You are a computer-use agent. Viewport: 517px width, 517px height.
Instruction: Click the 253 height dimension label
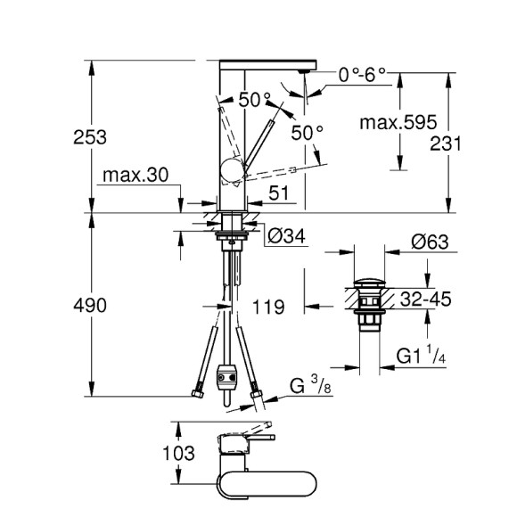(x=91, y=137)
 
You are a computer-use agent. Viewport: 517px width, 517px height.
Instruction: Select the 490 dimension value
(x=91, y=306)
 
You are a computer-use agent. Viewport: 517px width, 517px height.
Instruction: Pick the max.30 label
(x=135, y=175)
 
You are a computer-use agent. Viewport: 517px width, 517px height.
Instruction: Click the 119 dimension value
(x=267, y=308)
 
